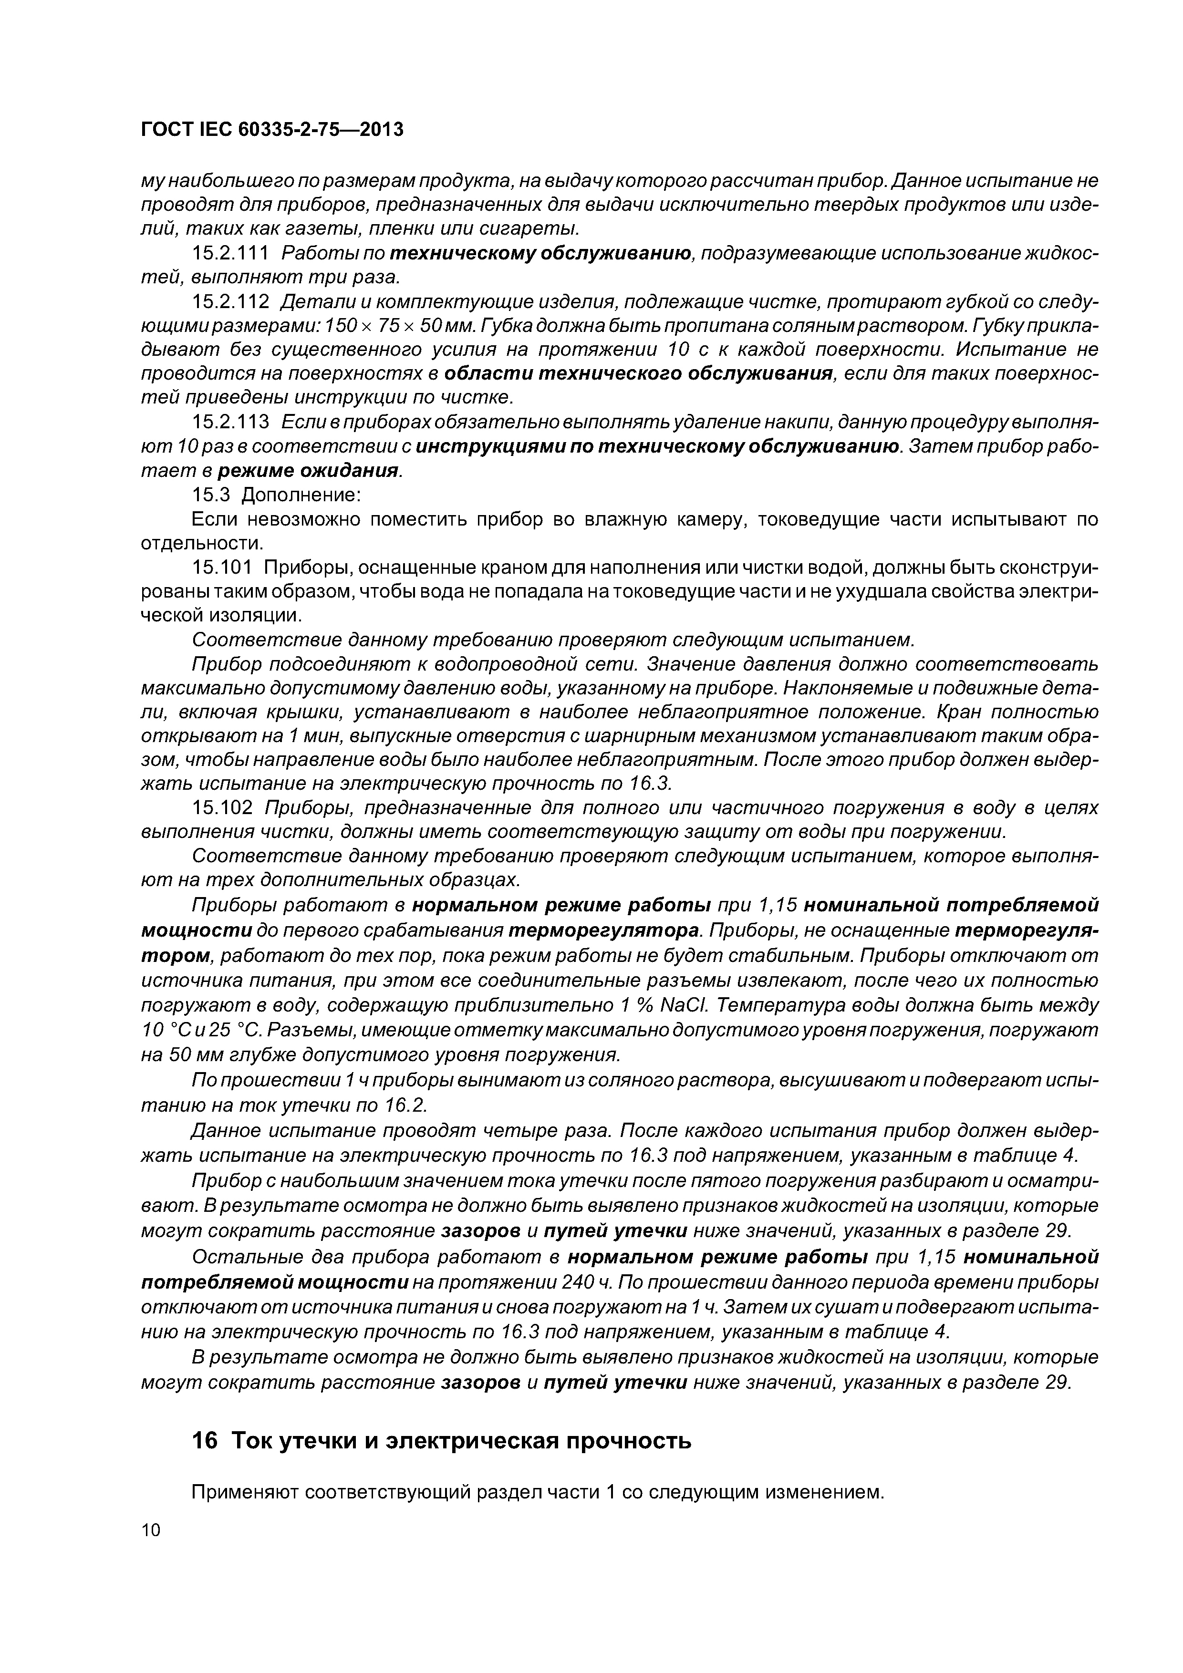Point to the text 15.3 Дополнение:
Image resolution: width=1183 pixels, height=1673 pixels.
pyautogui.click(x=276, y=495)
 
